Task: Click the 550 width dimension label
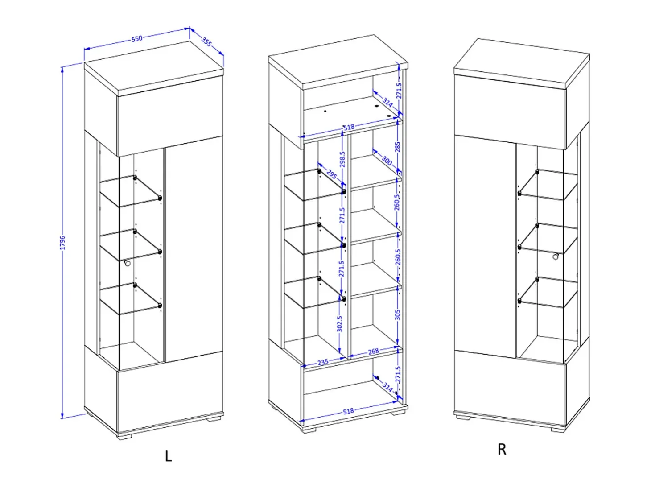(137, 38)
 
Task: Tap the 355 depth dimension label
(207, 41)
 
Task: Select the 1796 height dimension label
(62, 243)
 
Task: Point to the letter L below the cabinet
(168, 456)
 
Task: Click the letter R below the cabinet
(502, 450)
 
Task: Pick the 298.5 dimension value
(342, 159)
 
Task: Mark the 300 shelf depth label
(387, 161)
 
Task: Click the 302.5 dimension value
(340, 324)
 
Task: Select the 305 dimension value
(397, 315)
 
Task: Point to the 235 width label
(323, 362)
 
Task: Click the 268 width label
(373, 351)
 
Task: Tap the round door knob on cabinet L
(127, 263)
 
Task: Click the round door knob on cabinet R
(555, 256)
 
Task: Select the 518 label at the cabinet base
(348, 411)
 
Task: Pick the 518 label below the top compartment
(349, 127)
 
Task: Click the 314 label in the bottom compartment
(387, 387)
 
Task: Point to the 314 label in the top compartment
(387, 102)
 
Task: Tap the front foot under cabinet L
(124, 436)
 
